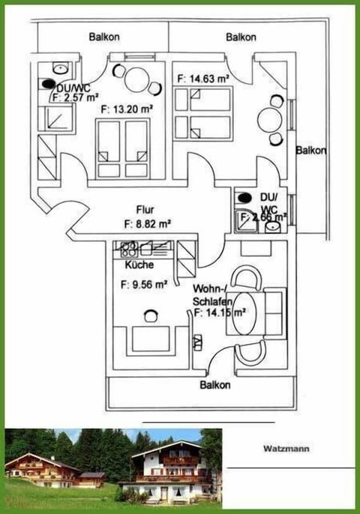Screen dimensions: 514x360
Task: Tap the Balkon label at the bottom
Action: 215,385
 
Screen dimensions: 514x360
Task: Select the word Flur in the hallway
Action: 145,210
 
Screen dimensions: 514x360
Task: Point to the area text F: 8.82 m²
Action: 147,223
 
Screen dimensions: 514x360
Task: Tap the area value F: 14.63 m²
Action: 202,77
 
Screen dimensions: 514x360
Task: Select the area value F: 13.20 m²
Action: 127,109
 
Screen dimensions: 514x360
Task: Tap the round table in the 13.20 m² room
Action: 136,79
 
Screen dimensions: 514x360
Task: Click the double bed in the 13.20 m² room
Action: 124,148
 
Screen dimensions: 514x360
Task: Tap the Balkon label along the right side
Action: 310,150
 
